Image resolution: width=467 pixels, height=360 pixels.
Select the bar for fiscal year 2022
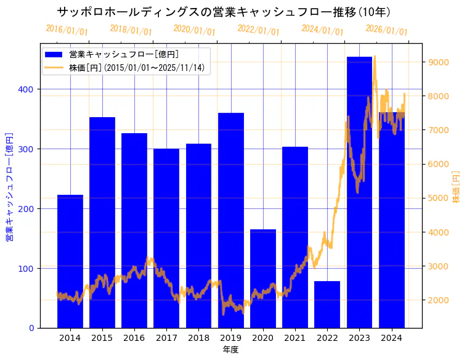click(327, 305)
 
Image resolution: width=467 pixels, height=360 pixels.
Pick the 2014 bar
click(70, 261)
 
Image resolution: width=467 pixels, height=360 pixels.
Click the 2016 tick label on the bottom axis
click(134, 338)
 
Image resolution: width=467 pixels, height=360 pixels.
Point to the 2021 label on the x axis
click(295, 338)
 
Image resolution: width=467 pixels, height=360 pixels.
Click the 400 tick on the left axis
click(27, 89)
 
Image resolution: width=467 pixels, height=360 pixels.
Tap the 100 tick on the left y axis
click(27, 268)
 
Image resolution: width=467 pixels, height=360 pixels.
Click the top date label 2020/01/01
click(194, 30)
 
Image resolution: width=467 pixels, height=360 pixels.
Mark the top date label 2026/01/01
click(386, 30)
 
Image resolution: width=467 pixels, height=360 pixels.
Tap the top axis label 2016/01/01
click(67, 30)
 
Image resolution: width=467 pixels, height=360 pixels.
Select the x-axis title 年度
click(230, 350)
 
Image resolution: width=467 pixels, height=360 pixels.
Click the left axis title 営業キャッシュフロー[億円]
click(10, 186)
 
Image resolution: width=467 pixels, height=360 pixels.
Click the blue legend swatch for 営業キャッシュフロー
click(54, 54)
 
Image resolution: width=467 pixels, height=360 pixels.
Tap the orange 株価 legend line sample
click(54, 67)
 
